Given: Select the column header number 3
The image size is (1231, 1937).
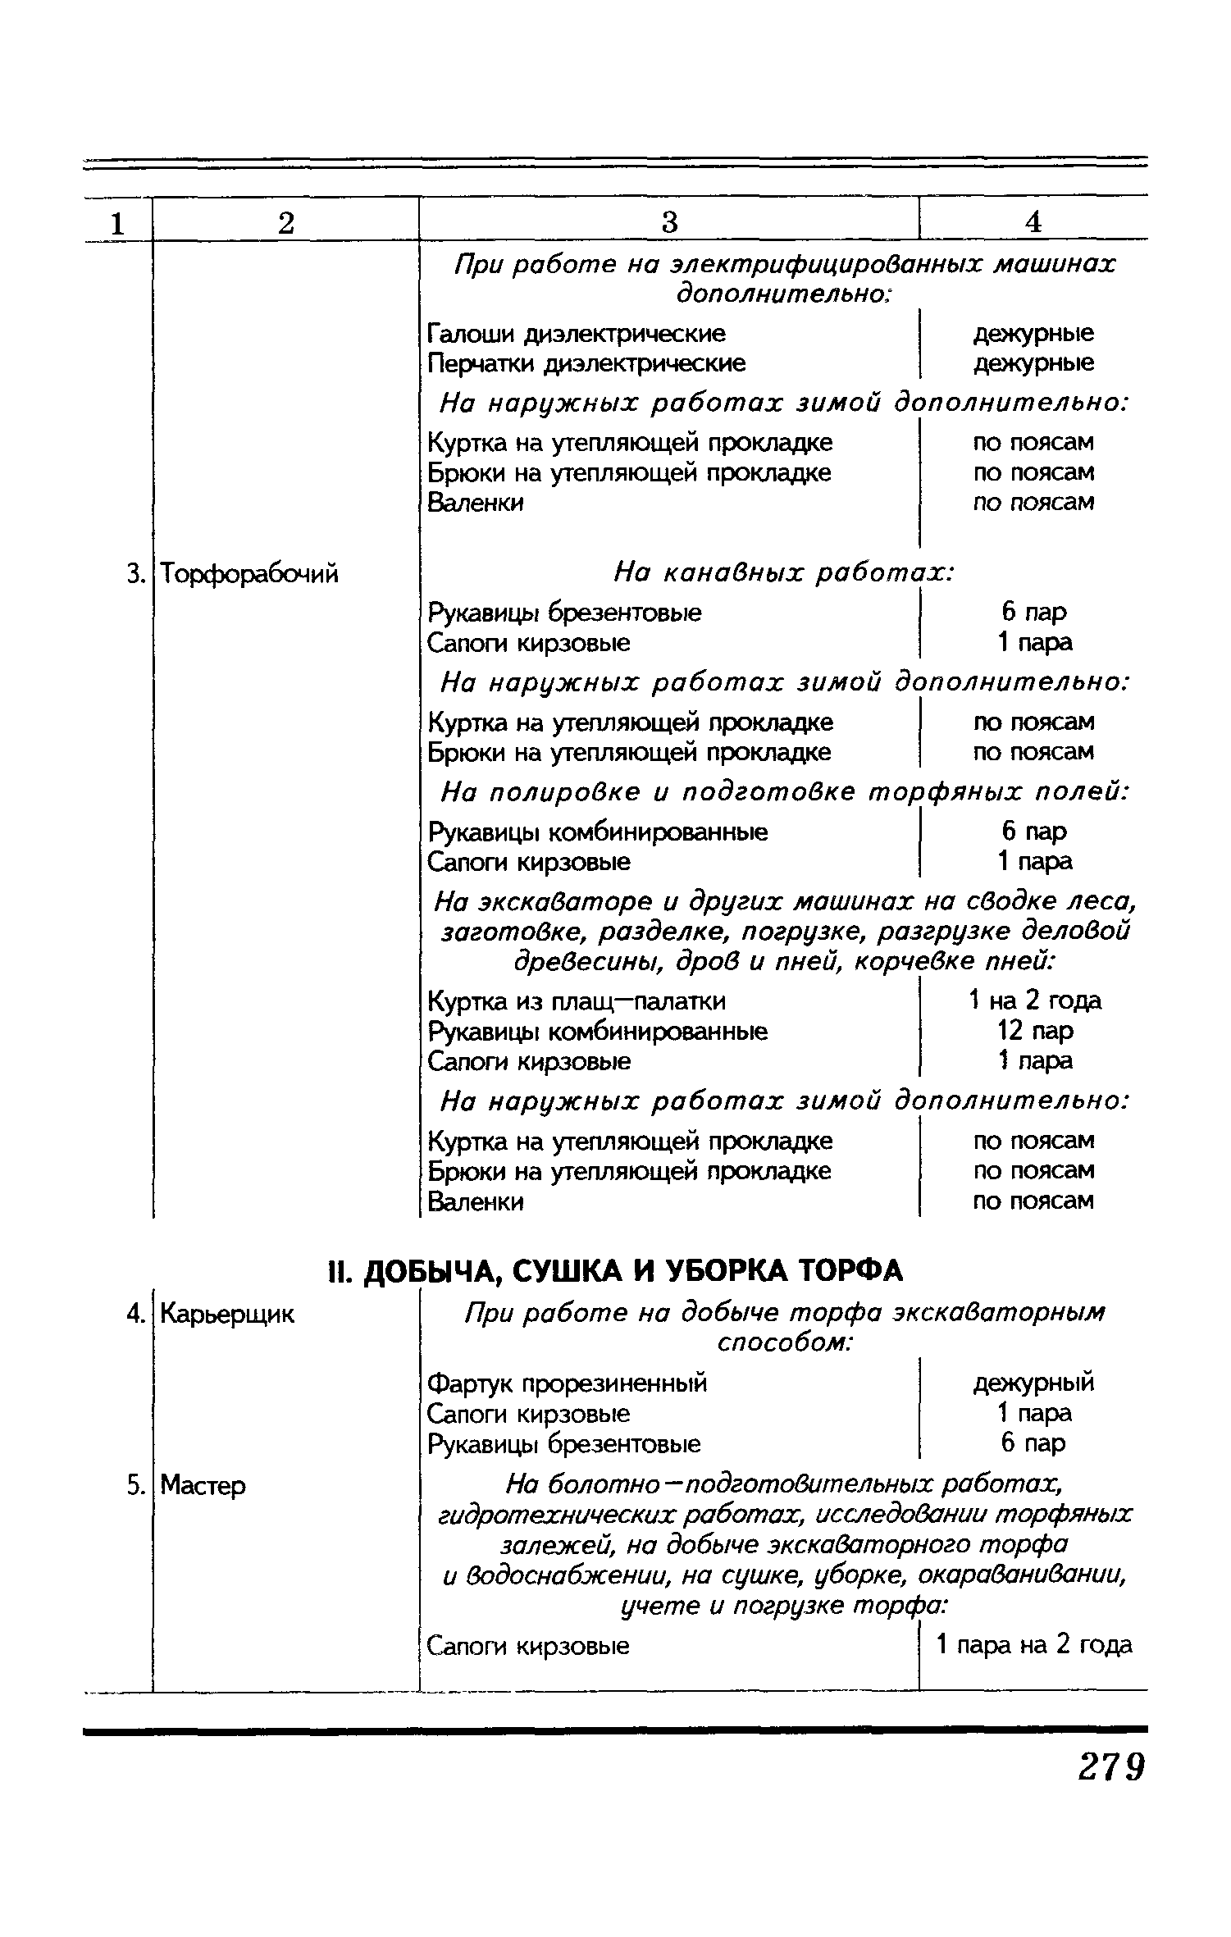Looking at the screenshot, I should pyautogui.click(x=669, y=221).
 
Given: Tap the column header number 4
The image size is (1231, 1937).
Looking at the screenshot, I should pyautogui.click(x=1033, y=221).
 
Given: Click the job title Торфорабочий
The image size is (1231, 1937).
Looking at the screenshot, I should pyautogui.click(x=249, y=574).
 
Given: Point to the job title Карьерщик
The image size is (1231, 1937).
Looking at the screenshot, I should pyautogui.click(x=227, y=1314).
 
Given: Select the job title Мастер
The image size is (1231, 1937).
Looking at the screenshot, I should pyautogui.click(x=203, y=1485).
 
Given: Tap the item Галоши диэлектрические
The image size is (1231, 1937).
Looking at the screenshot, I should pyautogui.click(x=577, y=333).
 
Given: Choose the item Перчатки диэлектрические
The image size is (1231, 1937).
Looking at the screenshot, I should pyautogui.click(x=586, y=362).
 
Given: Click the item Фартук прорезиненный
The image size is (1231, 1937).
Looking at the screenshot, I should pyautogui.click(x=568, y=1383).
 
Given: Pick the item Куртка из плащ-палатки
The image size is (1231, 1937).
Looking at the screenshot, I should pyautogui.click(x=577, y=1001).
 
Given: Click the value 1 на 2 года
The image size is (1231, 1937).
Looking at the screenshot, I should pyautogui.click(x=1034, y=1000).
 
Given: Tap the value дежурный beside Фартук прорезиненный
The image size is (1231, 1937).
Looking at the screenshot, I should pyautogui.click(x=1033, y=1383).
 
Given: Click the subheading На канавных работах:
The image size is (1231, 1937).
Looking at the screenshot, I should pyautogui.click(x=784, y=573).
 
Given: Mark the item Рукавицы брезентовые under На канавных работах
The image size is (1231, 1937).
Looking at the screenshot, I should pyautogui.click(x=565, y=612).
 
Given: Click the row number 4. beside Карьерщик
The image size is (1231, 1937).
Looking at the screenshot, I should pyautogui.click(x=135, y=1314).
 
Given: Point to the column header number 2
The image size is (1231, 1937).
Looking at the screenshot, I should pyautogui.click(x=285, y=221).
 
